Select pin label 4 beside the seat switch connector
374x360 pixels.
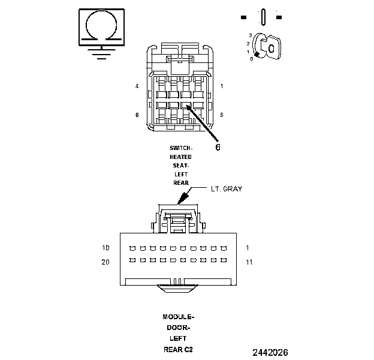pos(137,86)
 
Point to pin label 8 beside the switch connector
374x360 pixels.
pos(137,115)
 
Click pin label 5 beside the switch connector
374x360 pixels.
pos(222,115)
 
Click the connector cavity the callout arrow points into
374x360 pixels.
pos(187,106)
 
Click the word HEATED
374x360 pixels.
pos(180,157)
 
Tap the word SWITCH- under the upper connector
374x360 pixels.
pos(180,148)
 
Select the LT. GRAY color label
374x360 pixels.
pos(225,189)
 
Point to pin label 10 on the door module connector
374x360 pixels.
pos(105,247)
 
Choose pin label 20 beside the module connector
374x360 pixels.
pos(105,261)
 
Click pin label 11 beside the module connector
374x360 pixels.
pos(249,262)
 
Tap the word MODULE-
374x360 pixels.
pos(179,317)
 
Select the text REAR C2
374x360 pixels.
pos(179,349)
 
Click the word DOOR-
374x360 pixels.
pos(179,328)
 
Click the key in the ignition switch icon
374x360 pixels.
pos(269,46)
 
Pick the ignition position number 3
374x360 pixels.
pos(249,35)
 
